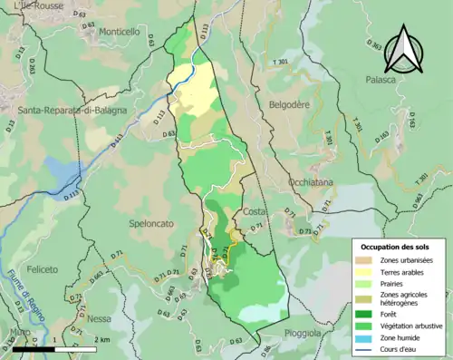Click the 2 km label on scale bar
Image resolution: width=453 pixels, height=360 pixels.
click(x=103, y=340)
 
